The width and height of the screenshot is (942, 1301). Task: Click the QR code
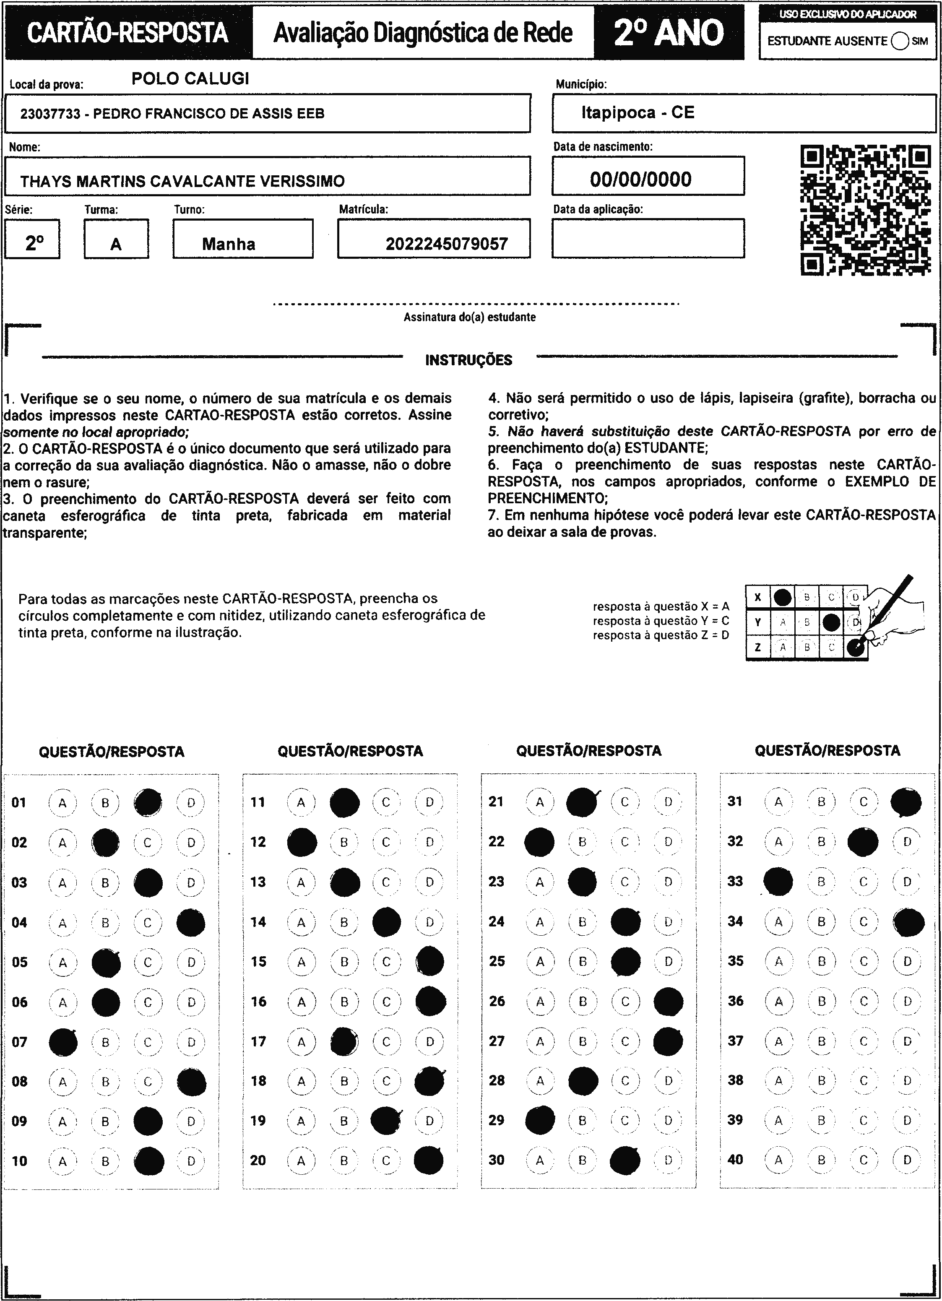(865, 211)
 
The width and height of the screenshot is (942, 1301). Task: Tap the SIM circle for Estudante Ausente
(900, 41)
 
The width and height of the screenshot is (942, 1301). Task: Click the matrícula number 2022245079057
(446, 245)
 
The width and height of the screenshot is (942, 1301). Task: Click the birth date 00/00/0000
(640, 180)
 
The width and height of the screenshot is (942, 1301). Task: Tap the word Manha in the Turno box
(228, 245)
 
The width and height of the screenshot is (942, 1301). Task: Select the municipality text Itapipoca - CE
(638, 112)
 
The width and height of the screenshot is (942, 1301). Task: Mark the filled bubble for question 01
(148, 802)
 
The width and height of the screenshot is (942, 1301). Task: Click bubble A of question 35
(778, 961)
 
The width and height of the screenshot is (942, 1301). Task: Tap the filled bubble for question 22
(539, 841)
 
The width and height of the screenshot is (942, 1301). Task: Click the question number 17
(258, 1041)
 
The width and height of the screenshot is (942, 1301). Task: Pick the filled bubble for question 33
(778, 882)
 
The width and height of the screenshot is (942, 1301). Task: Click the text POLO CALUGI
(190, 78)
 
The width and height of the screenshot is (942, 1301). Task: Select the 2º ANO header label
(669, 33)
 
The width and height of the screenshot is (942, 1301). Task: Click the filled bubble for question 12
(302, 842)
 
